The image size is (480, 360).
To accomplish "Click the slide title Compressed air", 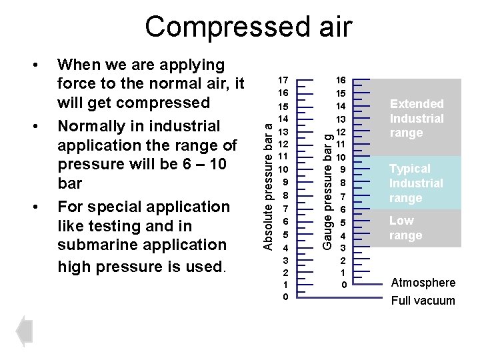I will coord(249,27).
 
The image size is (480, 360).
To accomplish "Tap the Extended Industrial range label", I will coord(417,118).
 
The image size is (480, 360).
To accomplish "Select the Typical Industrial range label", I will coord(416,183).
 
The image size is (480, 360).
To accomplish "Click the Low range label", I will coord(405,228).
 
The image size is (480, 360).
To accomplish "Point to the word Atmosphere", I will coord(423,283).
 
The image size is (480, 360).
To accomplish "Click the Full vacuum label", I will coord(423,301).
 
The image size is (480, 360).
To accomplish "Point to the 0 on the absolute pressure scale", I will coord(285,295).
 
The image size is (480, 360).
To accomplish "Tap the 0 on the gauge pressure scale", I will coord(343,285).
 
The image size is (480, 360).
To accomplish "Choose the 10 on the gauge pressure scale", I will coord(341,157).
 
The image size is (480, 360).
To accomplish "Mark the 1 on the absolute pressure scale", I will coord(285,285).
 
